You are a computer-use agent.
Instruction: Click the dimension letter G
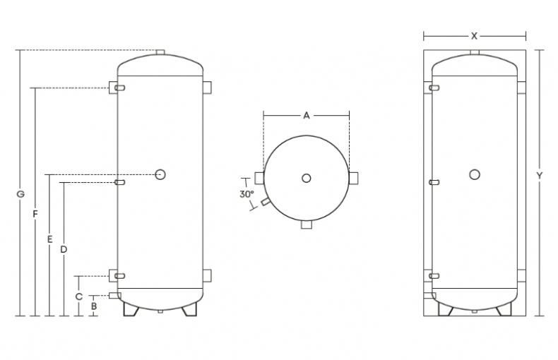[20, 193]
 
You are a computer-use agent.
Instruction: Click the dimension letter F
[35, 213]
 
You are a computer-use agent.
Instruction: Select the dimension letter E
[49, 239]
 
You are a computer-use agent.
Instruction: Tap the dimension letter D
[64, 249]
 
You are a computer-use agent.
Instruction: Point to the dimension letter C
[79, 296]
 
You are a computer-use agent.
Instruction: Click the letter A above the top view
[306, 115]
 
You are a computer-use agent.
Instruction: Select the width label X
[474, 35]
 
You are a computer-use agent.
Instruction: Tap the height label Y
[539, 175]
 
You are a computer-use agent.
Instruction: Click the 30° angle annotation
[246, 193]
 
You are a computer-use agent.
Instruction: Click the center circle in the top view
[306, 178]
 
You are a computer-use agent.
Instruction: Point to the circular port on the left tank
[160, 174]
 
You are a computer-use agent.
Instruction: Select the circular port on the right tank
[475, 174]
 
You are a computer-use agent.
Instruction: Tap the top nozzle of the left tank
[160, 53]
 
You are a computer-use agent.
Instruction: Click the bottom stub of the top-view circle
[306, 224]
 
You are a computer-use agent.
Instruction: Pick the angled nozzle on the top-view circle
[264, 202]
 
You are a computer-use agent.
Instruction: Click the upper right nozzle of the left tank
[208, 88]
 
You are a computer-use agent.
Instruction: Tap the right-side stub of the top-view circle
[353, 176]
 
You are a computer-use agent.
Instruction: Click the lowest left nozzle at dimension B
[114, 295]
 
